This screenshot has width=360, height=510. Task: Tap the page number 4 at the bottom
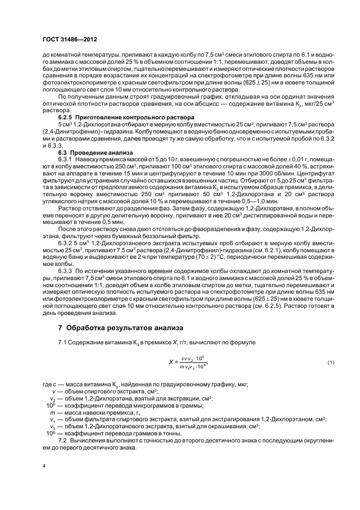pyautogui.click(x=44, y=466)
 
